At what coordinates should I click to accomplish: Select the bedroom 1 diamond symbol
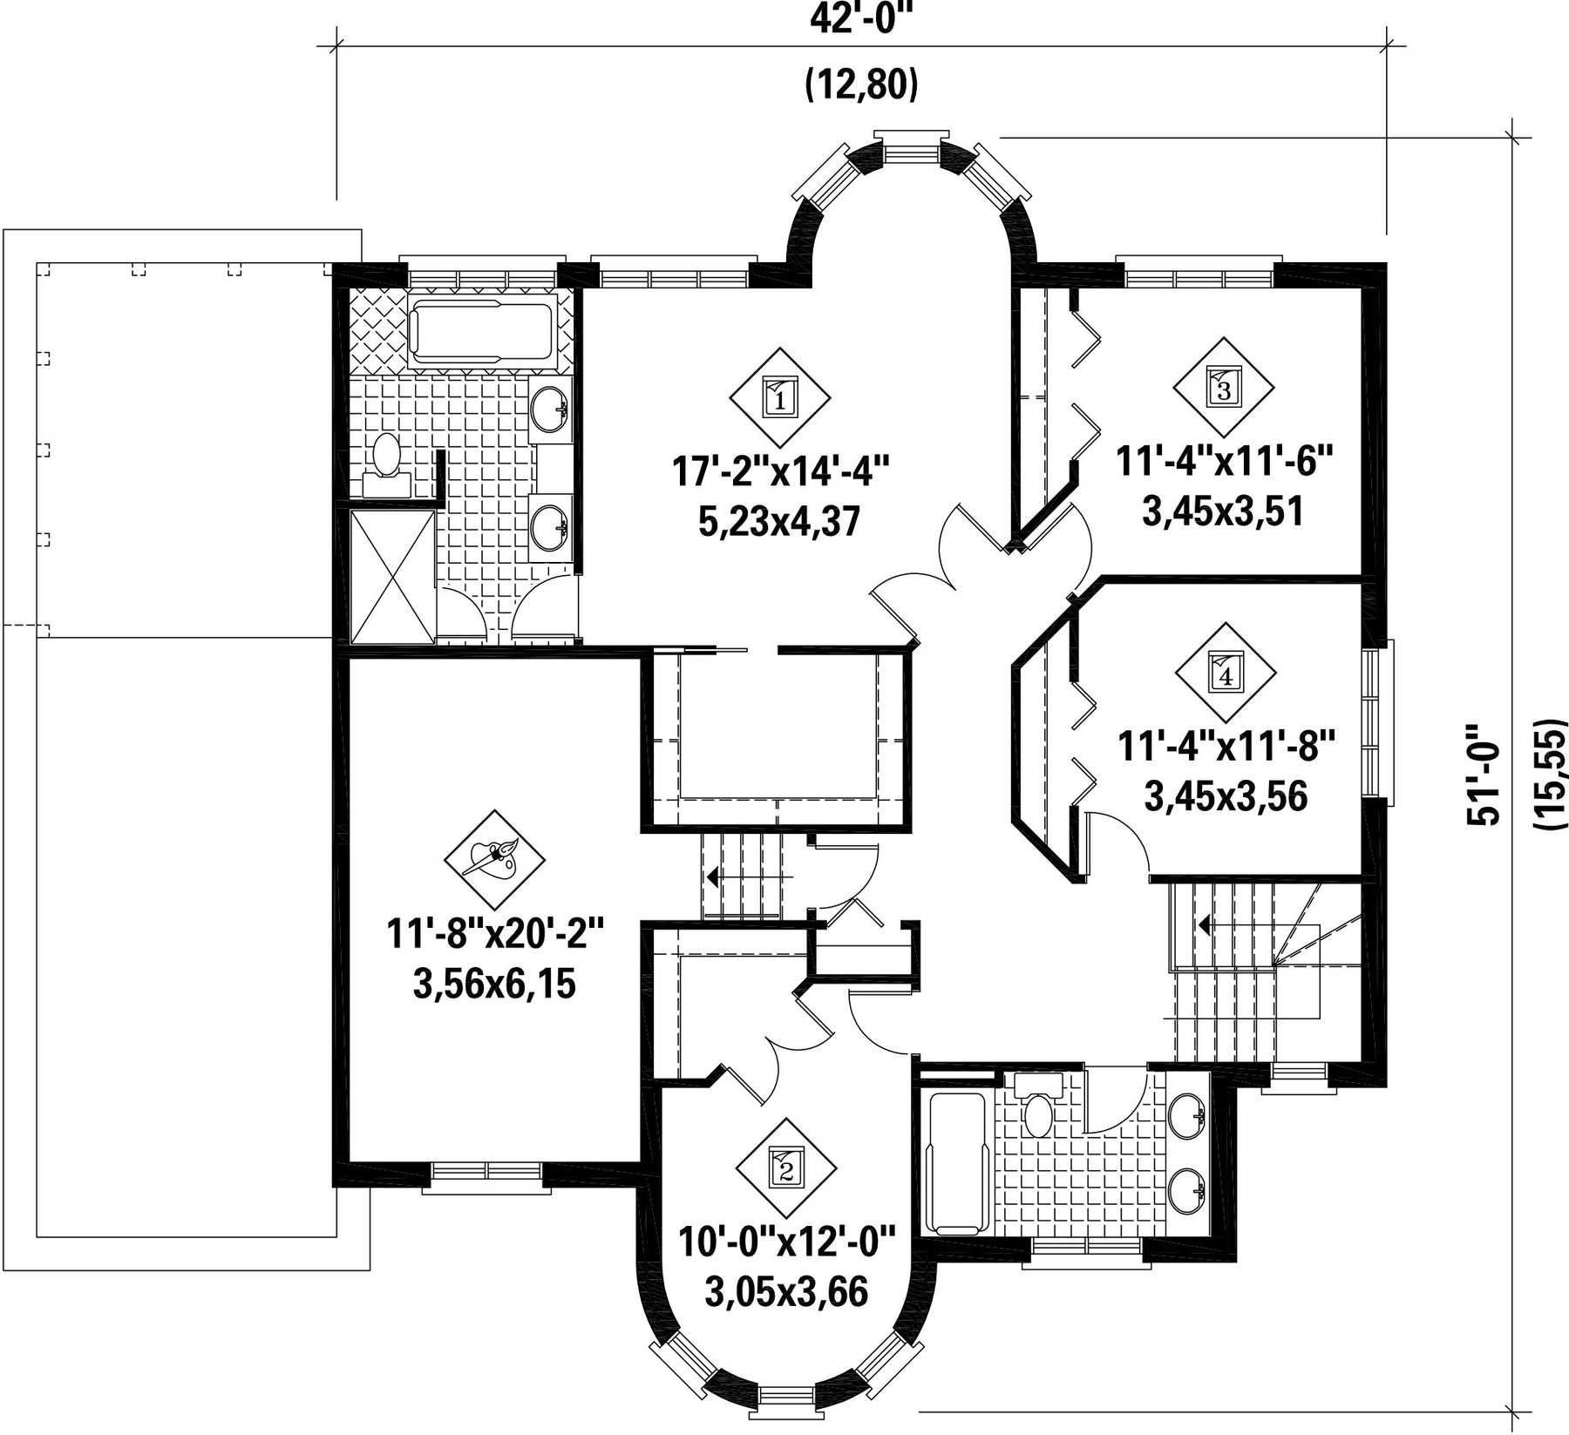(780, 399)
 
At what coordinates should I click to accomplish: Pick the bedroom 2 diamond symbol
(786, 1168)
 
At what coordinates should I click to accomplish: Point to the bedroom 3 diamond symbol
(1224, 388)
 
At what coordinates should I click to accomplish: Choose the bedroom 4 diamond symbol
(1226, 673)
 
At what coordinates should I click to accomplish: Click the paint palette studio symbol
(494, 858)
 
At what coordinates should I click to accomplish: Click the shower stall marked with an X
(391, 576)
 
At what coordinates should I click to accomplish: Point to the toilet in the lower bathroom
(1036, 1103)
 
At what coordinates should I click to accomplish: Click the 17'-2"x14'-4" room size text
(780, 473)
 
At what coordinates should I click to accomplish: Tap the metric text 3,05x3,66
(786, 1292)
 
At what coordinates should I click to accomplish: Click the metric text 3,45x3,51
(1223, 511)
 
